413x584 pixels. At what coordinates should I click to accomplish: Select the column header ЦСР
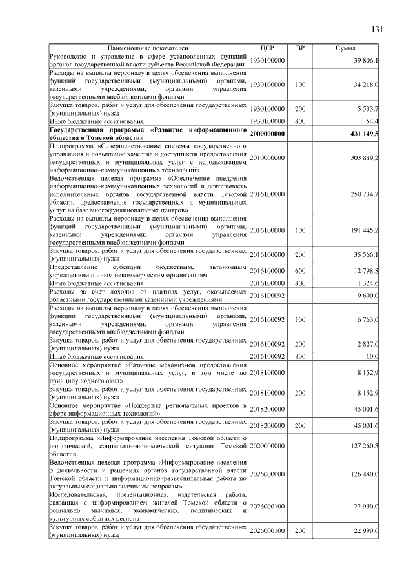click(267, 48)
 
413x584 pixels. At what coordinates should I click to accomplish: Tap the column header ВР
click(299, 48)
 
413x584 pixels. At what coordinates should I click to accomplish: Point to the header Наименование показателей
click(148, 48)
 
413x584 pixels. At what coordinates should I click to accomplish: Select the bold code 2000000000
click(267, 133)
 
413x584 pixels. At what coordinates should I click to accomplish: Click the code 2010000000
click(267, 157)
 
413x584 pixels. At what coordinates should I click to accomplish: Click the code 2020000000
click(267, 445)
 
